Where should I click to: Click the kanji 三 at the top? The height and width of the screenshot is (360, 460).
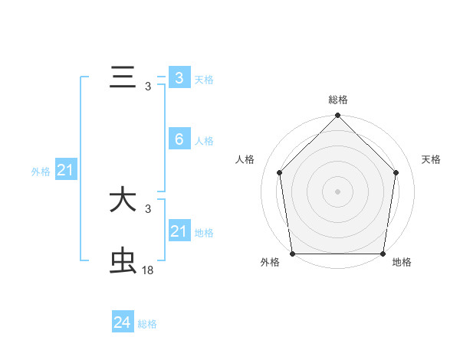point(123,79)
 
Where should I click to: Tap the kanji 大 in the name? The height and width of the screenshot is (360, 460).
point(123,201)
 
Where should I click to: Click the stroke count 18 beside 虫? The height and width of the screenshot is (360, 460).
point(148,270)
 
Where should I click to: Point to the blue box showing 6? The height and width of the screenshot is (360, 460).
point(179,139)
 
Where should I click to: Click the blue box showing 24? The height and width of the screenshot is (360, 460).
point(122,322)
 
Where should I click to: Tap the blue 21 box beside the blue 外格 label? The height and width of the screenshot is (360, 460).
point(65,171)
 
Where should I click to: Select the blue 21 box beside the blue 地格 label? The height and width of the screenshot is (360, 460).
point(179,231)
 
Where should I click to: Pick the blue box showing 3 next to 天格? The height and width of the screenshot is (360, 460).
point(179,78)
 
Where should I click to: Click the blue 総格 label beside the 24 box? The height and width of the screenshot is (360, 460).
point(147,324)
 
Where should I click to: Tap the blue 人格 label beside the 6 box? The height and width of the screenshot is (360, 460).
point(204,141)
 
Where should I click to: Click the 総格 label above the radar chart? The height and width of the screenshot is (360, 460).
point(337,100)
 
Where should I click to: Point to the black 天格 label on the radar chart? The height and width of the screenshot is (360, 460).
point(432,159)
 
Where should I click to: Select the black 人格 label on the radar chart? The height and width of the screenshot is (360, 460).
point(245,159)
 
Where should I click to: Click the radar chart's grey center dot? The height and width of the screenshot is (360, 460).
point(337,191)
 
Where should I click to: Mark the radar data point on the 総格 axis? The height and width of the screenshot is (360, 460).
point(337,116)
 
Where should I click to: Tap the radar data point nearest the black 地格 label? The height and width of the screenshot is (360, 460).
point(383,254)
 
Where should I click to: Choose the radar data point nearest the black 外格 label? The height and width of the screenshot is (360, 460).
point(292,254)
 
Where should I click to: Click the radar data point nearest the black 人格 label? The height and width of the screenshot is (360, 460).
point(279,172)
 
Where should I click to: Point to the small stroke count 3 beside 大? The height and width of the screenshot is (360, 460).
point(148,208)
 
